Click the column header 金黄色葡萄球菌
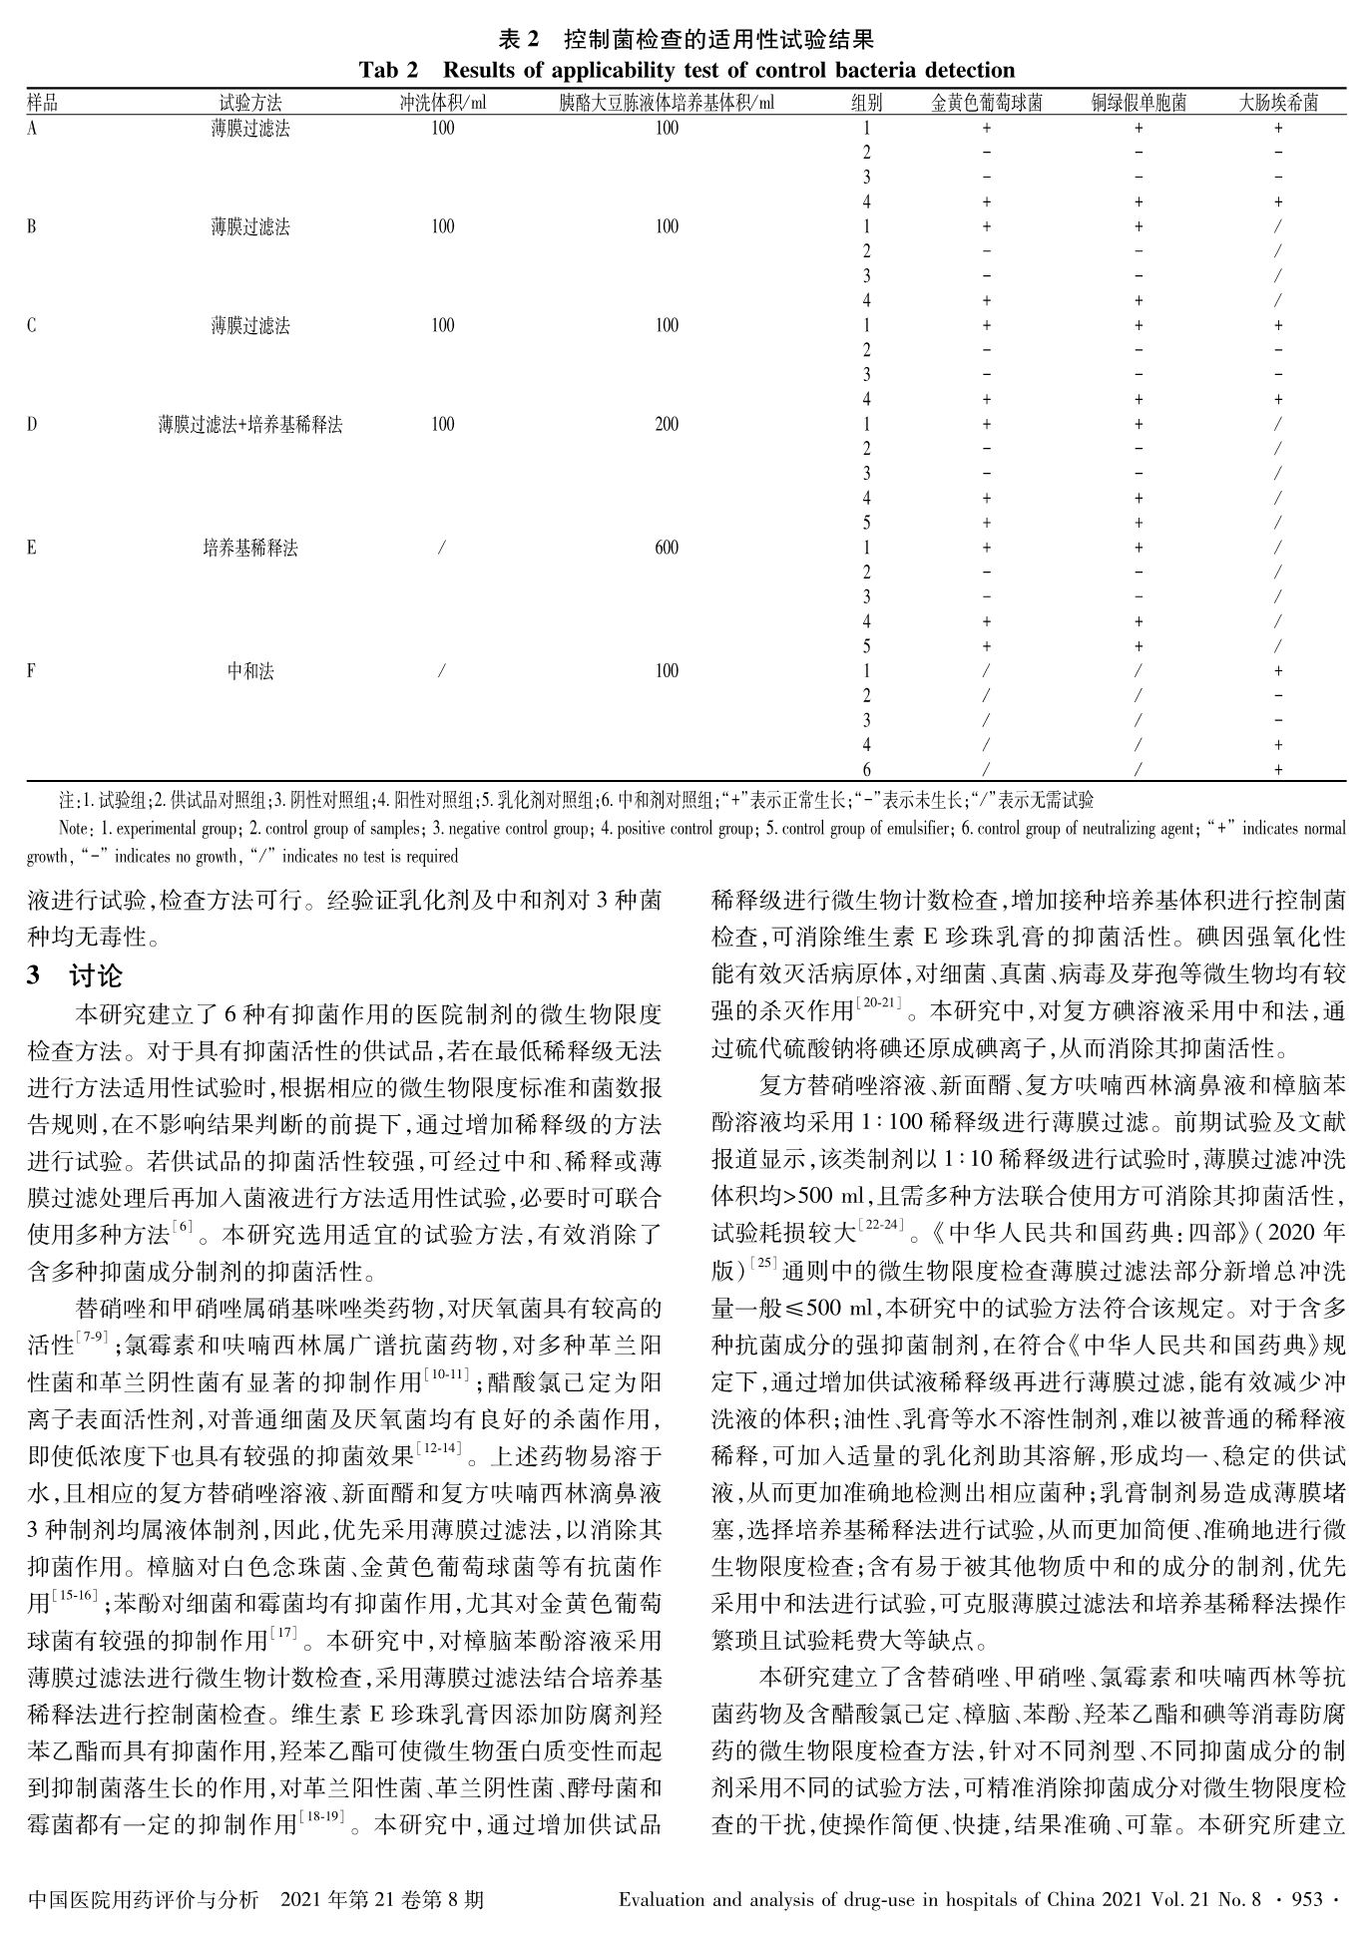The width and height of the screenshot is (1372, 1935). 986,103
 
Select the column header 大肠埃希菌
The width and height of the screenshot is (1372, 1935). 1278,103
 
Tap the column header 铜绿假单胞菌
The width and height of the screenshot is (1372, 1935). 1138,103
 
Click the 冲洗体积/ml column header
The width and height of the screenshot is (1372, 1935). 443,103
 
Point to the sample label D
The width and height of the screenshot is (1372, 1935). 32,425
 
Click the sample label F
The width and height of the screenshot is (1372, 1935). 32,671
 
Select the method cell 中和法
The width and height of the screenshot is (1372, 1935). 250,671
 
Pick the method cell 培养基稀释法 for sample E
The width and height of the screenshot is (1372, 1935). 250,548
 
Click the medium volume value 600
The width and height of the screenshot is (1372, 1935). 667,548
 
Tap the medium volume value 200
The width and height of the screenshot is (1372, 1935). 667,425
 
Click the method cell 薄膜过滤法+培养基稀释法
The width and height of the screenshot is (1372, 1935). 250,425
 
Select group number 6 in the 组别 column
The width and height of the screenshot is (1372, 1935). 866,770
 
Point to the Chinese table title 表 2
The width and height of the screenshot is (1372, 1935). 518,41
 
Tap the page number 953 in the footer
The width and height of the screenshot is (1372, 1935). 1307,1900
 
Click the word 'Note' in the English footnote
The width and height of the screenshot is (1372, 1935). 75,828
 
